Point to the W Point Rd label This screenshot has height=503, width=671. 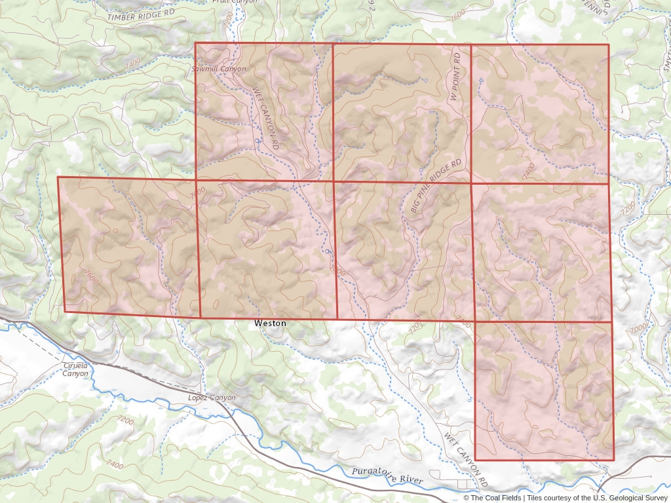point(457,77)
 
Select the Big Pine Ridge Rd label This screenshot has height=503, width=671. point(436,185)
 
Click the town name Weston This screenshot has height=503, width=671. point(270,324)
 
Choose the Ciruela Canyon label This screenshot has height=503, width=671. point(75,369)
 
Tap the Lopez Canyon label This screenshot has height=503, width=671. point(211,398)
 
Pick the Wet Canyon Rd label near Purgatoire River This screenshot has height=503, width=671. point(467,459)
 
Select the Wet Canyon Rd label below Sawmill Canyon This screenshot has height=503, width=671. point(267,117)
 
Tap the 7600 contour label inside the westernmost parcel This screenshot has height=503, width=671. point(92,277)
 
